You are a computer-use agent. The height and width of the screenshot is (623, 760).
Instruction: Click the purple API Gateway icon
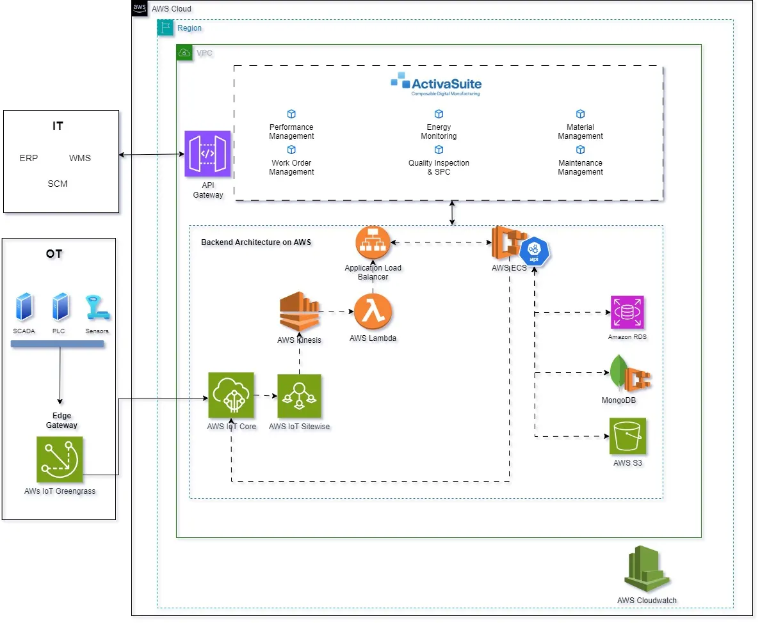[x=207, y=154]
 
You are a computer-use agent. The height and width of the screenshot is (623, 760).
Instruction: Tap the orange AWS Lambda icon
[x=373, y=311]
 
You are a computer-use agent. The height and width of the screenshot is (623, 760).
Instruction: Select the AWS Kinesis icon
[x=299, y=311]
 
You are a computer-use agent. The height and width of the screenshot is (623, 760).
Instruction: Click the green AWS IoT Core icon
[x=231, y=396]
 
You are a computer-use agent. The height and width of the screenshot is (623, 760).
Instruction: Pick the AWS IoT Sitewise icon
[x=299, y=396]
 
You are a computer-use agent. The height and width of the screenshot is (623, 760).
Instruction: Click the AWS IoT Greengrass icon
[x=60, y=459]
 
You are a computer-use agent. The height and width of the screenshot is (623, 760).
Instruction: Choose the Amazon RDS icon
[x=627, y=312]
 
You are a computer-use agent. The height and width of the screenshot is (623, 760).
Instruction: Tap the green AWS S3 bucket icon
[x=627, y=436]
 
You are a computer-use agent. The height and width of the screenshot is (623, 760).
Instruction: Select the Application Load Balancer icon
[x=373, y=243]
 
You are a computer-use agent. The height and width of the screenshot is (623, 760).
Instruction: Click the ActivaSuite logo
[x=436, y=86]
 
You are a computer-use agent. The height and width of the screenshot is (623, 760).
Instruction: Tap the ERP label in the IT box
[x=29, y=158]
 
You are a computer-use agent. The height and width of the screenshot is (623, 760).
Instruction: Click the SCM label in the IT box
[x=58, y=184]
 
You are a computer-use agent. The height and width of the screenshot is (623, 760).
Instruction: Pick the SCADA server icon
[x=24, y=307]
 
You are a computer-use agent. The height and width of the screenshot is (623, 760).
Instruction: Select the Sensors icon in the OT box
[x=97, y=307]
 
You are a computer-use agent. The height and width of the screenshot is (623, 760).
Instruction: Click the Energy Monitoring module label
[x=439, y=132]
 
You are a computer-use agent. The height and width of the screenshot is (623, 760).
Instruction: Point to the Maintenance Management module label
[x=580, y=168]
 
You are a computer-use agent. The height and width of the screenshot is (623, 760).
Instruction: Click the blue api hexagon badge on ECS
[x=535, y=251]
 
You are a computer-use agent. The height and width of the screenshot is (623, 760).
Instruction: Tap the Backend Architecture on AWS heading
[x=256, y=242]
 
